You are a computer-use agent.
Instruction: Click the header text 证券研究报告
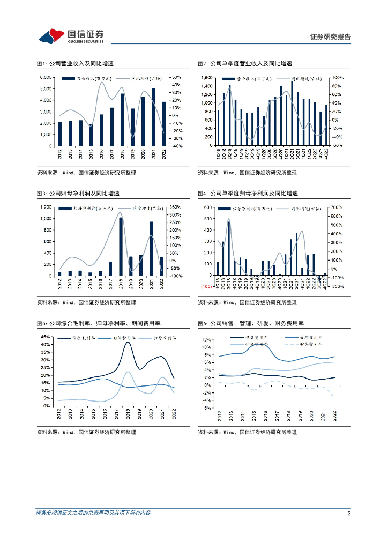(x=331, y=37)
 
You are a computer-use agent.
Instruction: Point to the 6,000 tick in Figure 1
(x=46, y=78)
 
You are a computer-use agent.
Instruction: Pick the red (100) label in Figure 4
(x=206, y=287)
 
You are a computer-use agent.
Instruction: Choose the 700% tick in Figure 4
(x=335, y=207)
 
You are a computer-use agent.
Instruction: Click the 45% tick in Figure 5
(x=46, y=337)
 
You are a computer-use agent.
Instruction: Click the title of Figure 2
(x=244, y=64)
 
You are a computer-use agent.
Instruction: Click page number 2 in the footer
(x=349, y=513)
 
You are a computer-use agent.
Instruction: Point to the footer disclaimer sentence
(x=93, y=513)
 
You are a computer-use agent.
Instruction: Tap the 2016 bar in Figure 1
(x=101, y=130)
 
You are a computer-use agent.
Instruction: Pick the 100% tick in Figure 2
(x=337, y=78)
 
